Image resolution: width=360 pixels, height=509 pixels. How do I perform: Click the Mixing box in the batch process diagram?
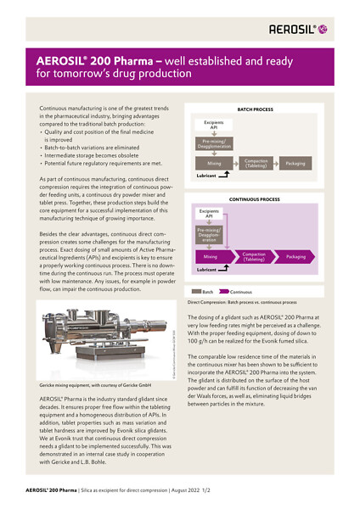213,163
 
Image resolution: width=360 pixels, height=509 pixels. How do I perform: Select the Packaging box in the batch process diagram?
295,163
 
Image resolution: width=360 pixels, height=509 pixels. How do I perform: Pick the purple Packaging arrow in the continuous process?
295,255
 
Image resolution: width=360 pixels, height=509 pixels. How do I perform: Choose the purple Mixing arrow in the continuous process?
211,255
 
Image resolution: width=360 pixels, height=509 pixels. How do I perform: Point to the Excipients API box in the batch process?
213,125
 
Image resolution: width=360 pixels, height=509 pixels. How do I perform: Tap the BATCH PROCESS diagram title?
255,109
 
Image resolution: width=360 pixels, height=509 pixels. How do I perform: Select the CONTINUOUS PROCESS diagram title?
255,199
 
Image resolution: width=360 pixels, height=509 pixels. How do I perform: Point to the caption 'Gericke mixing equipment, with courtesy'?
93,385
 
